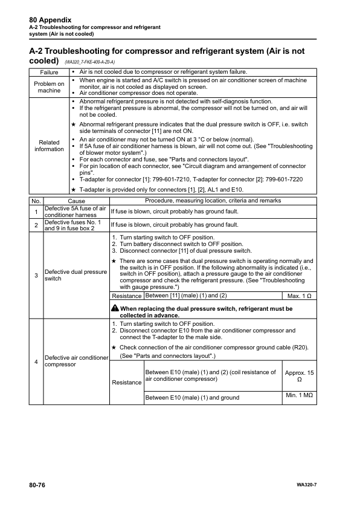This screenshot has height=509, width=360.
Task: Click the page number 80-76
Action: click(x=37, y=485)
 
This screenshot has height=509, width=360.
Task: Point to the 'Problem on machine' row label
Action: click(x=49, y=87)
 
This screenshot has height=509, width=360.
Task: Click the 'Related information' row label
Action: click(x=49, y=146)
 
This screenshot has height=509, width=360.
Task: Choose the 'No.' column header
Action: click(x=36, y=200)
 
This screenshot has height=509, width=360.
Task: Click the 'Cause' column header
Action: click(x=76, y=200)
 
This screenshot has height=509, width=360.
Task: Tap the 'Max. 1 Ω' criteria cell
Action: click(x=299, y=296)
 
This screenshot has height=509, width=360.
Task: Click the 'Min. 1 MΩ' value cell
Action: click(x=299, y=397)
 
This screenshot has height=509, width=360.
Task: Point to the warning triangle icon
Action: click(x=115, y=309)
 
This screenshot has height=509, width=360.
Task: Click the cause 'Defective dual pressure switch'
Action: click(x=76, y=276)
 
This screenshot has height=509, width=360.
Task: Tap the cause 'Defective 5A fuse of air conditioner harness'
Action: click(x=76, y=212)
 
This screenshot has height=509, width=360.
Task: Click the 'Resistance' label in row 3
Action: click(x=127, y=296)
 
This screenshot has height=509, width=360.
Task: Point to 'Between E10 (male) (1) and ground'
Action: click(x=193, y=397)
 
